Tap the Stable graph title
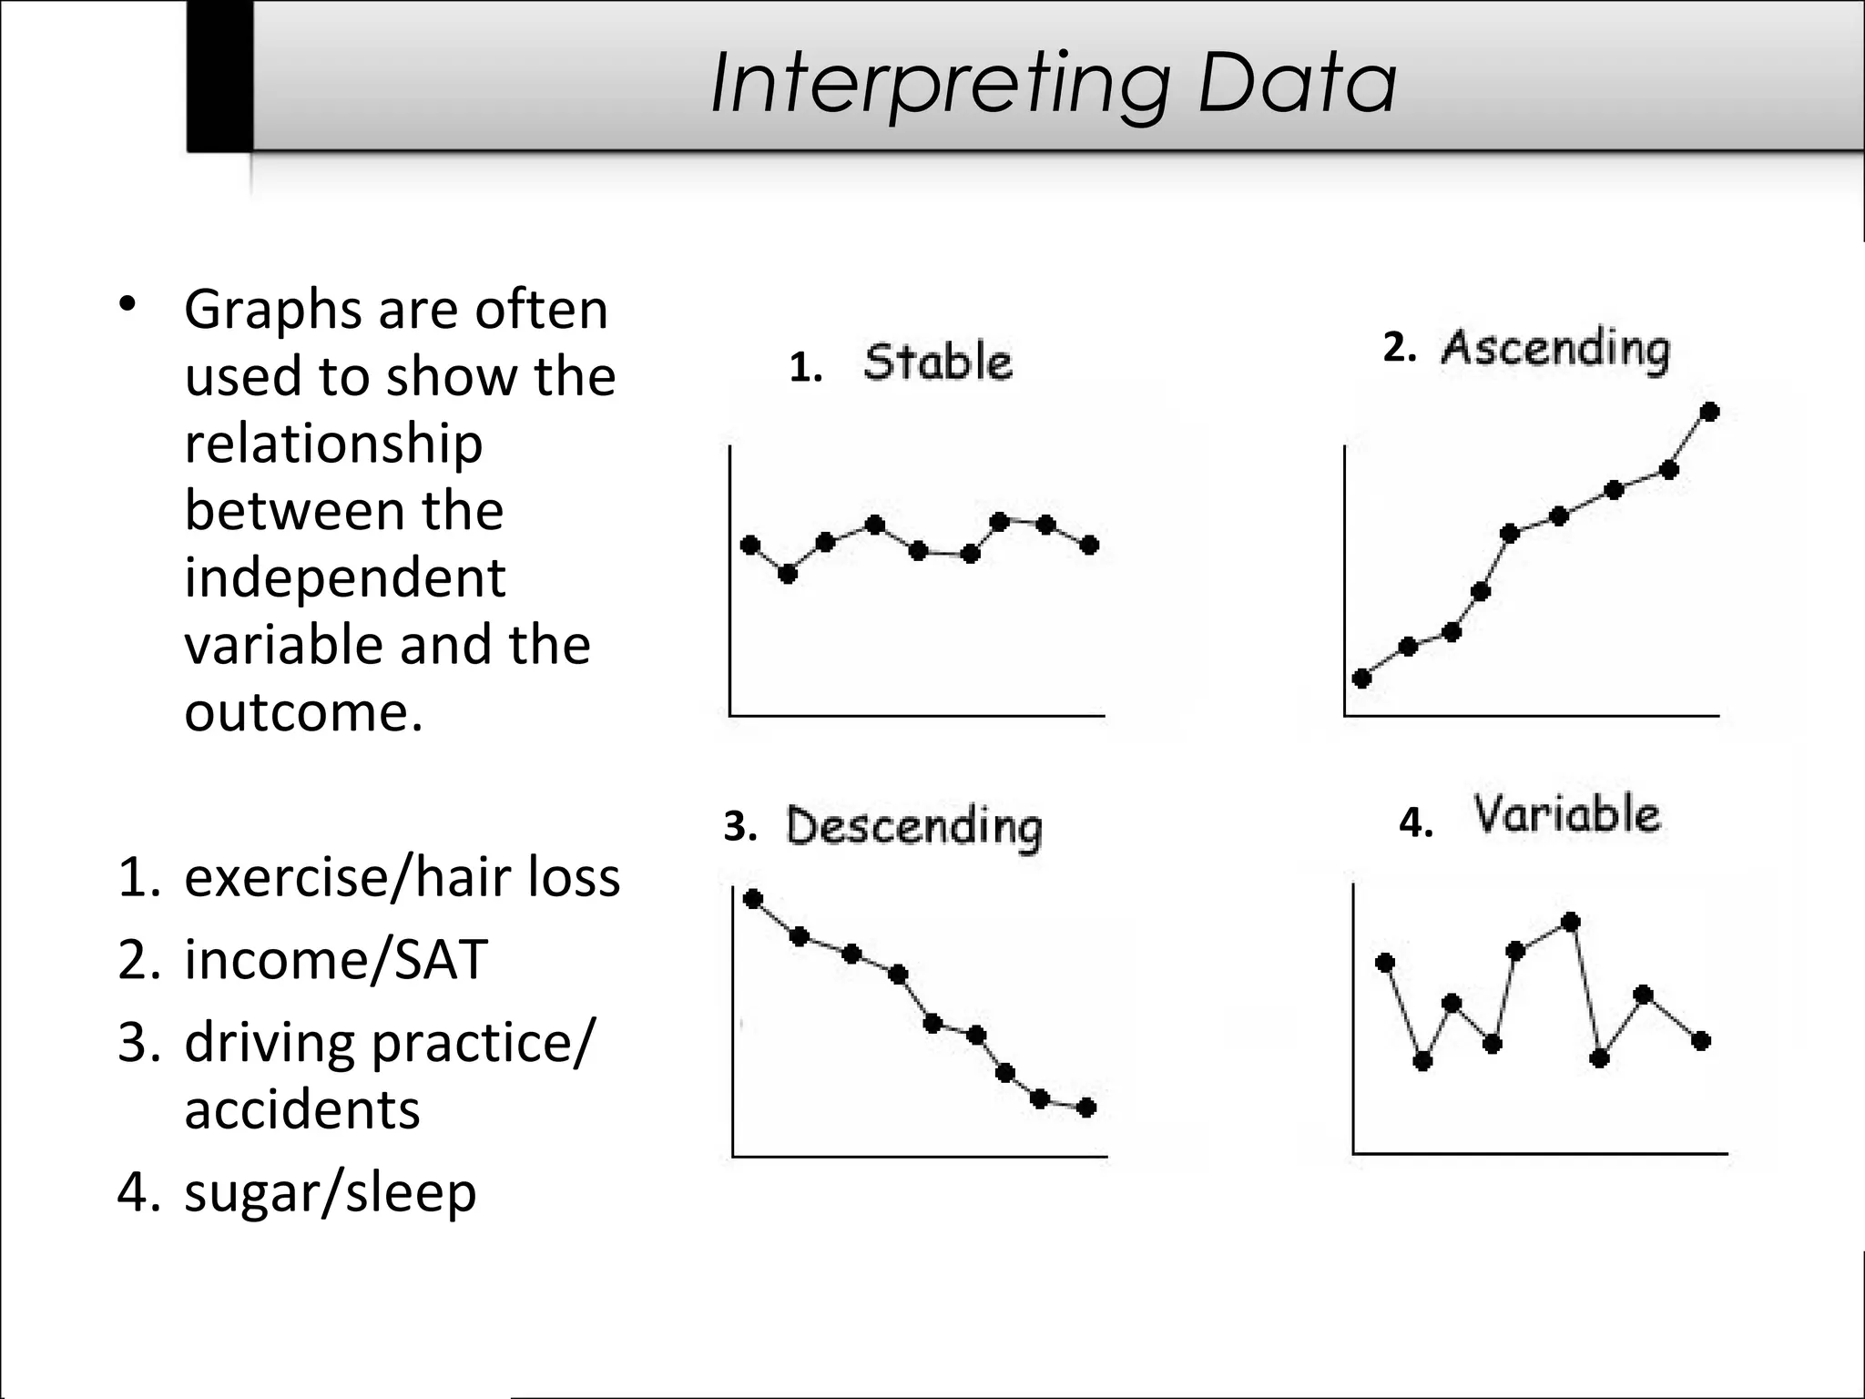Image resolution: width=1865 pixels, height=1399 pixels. pyautogui.click(x=937, y=363)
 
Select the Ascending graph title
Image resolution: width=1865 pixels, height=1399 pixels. pyautogui.click(x=1554, y=350)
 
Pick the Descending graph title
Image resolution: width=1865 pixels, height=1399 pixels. pyautogui.click(x=913, y=827)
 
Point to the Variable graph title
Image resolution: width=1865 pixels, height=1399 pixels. pyautogui.click(x=1566, y=814)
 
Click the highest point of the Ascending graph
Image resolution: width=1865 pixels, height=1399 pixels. pyautogui.click(x=1709, y=413)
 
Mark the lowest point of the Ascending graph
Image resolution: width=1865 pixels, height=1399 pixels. pyautogui.click(x=1362, y=678)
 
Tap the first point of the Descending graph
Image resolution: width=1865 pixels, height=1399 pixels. pyautogui.click(x=753, y=900)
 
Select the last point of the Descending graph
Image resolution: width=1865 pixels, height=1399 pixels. pyautogui.click(x=1085, y=1108)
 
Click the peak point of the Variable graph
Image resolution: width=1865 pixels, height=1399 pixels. pyautogui.click(x=1570, y=923)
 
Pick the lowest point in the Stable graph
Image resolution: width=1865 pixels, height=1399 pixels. pyautogui.click(x=788, y=574)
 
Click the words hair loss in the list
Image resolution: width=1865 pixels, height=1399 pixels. pyautogui.click(x=519, y=877)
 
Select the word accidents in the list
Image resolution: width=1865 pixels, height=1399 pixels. pyautogui.click(x=302, y=1109)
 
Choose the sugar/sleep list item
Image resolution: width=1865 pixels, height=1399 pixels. pyautogui.click(x=330, y=1192)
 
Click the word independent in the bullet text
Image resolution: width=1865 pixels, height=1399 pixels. pyautogui.click(x=344, y=578)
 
